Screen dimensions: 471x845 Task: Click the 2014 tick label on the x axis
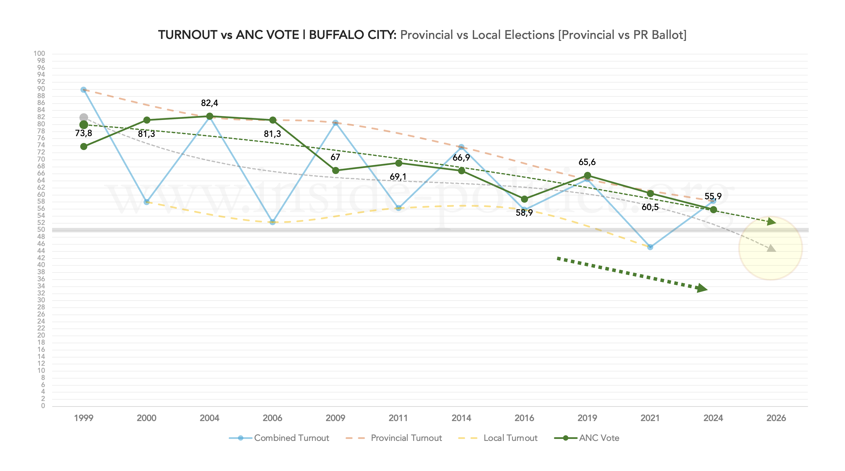click(461, 418)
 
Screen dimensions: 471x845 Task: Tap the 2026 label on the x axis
click(776, 418)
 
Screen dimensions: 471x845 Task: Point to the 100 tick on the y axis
click(39, 54)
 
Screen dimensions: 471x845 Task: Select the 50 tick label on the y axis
click(41, 229)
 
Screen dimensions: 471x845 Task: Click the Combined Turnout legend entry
click(279, 438)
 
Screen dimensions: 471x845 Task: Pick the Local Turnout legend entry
click(498, 438)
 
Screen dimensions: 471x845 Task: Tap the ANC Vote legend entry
click(587, 438)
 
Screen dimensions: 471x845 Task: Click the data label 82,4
click(209, 103)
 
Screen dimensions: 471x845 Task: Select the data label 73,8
click(83, 133)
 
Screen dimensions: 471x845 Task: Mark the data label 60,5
click(650, 207)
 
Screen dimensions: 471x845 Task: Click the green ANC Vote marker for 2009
click(336, 171)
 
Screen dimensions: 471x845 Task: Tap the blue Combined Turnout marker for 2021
click(650, 247)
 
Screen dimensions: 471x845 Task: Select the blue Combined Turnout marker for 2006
click(272, 222)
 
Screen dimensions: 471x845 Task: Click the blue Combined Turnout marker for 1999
click(84, 90)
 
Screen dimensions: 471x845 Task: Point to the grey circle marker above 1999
click(84, 118)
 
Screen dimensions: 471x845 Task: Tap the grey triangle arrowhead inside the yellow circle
click(772, 248)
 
